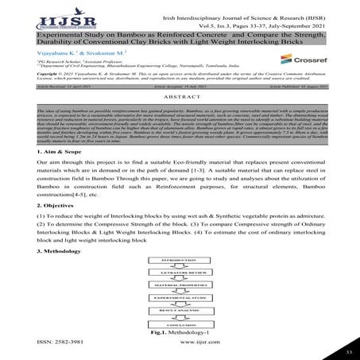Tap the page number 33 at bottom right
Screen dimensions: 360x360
[348, 350]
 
